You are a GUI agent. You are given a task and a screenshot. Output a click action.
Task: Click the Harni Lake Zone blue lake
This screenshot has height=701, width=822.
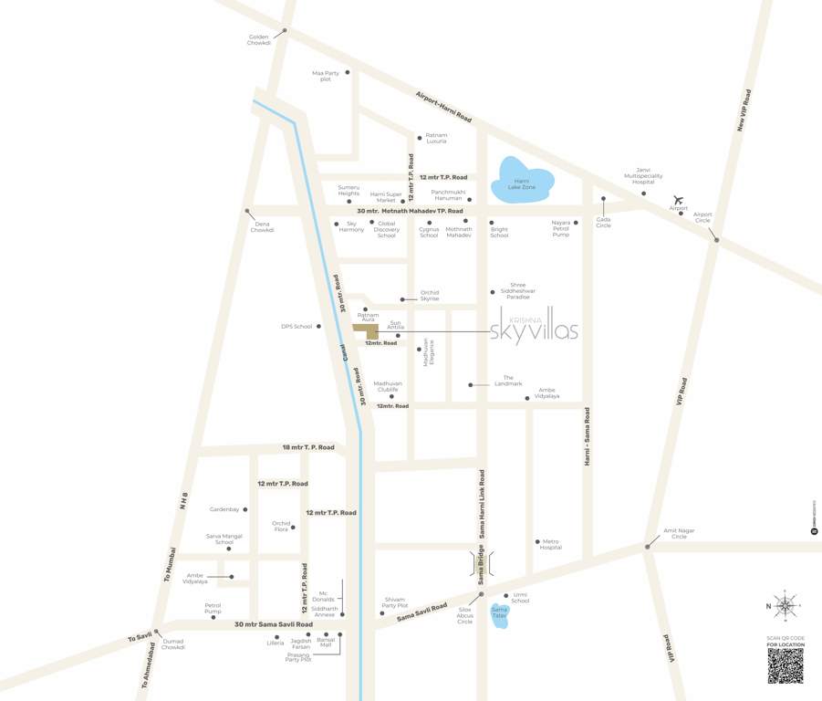pos(522,182)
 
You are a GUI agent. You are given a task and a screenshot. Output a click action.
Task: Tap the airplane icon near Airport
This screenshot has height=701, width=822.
pos(678,200)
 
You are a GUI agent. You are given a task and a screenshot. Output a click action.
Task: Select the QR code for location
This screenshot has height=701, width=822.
pos(786,666)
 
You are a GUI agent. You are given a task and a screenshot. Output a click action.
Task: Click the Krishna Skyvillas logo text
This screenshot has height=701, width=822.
pos(534,330)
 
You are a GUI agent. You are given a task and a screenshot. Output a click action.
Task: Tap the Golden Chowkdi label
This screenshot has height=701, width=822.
pos(260,40)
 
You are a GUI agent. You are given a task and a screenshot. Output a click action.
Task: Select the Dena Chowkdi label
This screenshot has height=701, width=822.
pos(263,226)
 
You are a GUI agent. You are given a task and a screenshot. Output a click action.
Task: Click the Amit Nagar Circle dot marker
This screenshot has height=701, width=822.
pos(647,547)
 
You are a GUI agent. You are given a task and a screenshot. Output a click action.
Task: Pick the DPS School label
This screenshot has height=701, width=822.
pos(297,326)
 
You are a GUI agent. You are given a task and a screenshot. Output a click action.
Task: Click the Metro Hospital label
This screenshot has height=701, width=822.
pos(550,544)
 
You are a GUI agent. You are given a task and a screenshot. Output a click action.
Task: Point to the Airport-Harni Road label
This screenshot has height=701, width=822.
pos(443,107)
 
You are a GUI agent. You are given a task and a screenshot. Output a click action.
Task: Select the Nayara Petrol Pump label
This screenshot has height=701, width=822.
pos(560,228)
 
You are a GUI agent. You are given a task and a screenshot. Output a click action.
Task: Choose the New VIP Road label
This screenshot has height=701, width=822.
pos(744,112)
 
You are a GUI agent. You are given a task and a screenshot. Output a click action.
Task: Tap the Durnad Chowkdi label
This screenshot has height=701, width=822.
pos(173,644)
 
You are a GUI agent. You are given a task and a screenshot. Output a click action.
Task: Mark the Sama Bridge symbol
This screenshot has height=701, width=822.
pos(482,565)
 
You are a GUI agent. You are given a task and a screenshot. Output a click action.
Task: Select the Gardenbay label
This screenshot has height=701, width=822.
pos(224,509)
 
